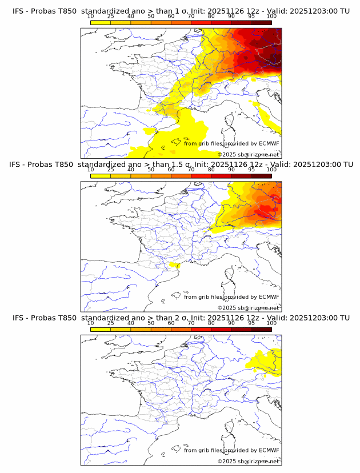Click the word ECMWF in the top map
pyautogui.click(x=268, y=144)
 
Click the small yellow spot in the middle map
pyautogui.click(x=176, y=265)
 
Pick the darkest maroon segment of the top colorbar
pyautogui.click(x=261, y=22)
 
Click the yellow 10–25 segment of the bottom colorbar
pyautogui.click(x=101, y=329)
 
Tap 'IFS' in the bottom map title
pyautogui.click(x=18, y=318)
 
